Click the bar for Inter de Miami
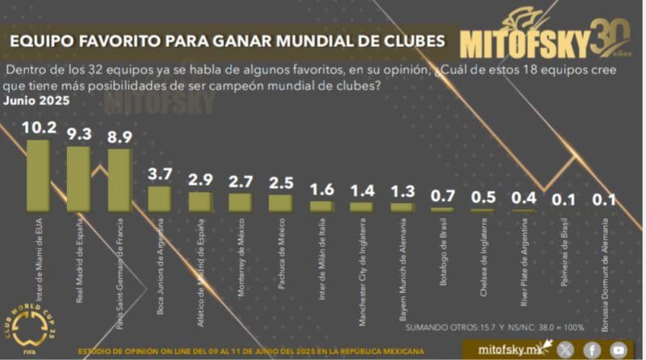tap(38, 175)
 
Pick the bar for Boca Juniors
tap(159, 199)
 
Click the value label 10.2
tap(38, 127)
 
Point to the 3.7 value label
tap(159, 174)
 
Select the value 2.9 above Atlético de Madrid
tap(199, 179)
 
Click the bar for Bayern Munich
tap(401, 207)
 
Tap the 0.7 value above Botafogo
tap(442, 195)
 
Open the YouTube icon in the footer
tap(619, 349)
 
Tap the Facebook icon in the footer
tap(593, 349)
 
